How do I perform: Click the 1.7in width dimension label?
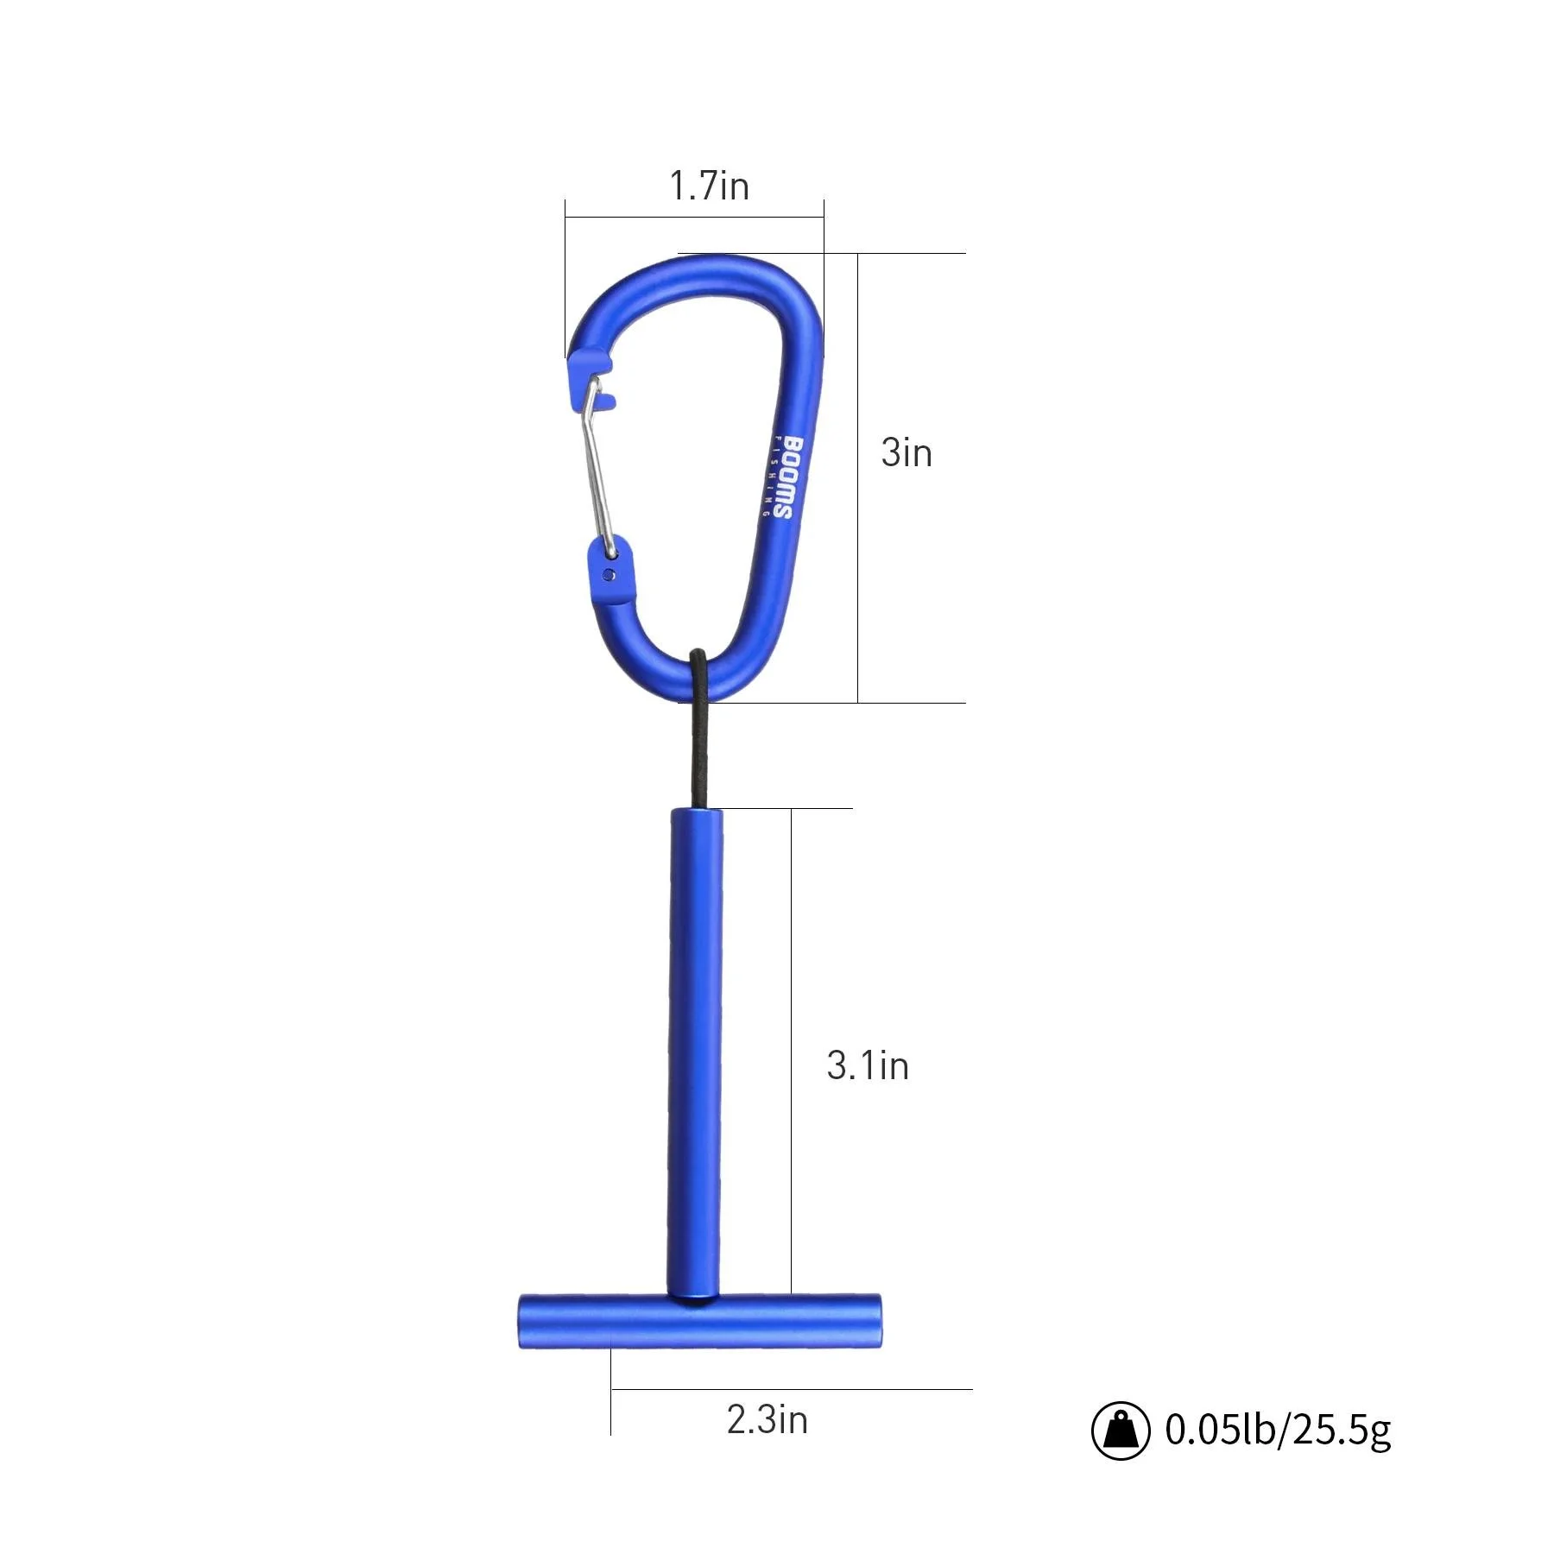pos(709,186)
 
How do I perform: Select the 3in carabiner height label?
pos(906,453)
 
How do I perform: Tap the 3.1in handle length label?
pos(868,1065)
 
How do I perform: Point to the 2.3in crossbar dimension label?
pos(767,1419)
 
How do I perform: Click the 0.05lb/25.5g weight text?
pos(1278,1430)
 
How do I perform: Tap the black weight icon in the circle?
pos(1121,1431)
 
